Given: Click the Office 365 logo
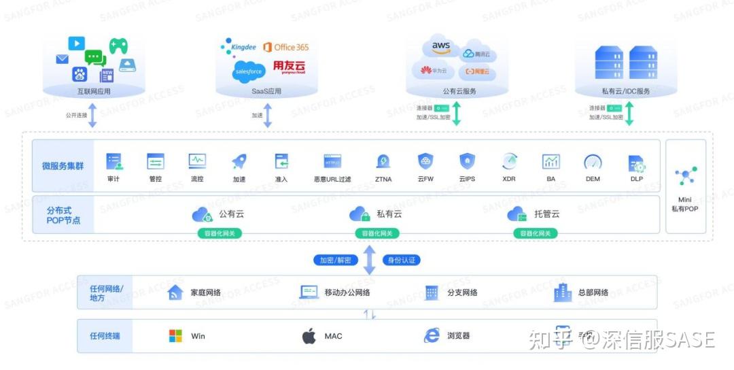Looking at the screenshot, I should point(286,47).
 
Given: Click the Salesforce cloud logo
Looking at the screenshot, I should point(248,70).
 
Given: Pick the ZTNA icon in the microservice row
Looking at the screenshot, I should point(383,162).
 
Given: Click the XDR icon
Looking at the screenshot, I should point(509,161).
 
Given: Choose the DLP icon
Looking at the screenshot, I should point(637,163).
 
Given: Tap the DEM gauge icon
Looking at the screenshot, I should point(593,162).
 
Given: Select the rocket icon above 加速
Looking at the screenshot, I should point(239,161).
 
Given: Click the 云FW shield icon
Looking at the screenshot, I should point(425,161).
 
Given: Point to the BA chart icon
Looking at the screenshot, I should point(550,161).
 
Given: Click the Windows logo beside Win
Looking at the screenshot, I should point(175,336).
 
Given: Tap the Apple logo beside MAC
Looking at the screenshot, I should point(309,336).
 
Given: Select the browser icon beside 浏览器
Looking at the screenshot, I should point(432,335).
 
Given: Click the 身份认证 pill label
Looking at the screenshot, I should point(402,260).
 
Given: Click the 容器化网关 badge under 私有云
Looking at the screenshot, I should point(377,233).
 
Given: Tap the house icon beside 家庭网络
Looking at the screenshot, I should point(175,292).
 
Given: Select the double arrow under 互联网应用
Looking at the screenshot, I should point(93,115).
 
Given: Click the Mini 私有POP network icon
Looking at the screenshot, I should point(685,176).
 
